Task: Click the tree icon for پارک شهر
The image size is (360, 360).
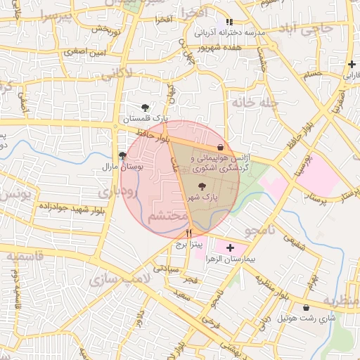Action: point(202,187)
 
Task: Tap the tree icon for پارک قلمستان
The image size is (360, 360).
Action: point(145,108)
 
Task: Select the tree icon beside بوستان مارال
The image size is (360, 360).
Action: point(123,155)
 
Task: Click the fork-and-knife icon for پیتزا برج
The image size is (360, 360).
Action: point(188,233)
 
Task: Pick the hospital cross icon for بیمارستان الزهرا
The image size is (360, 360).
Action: point(230,248)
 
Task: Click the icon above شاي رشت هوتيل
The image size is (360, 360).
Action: point(306,307)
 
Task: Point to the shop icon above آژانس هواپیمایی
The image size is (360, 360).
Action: point(222,148)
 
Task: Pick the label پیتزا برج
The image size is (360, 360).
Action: point(188,245)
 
